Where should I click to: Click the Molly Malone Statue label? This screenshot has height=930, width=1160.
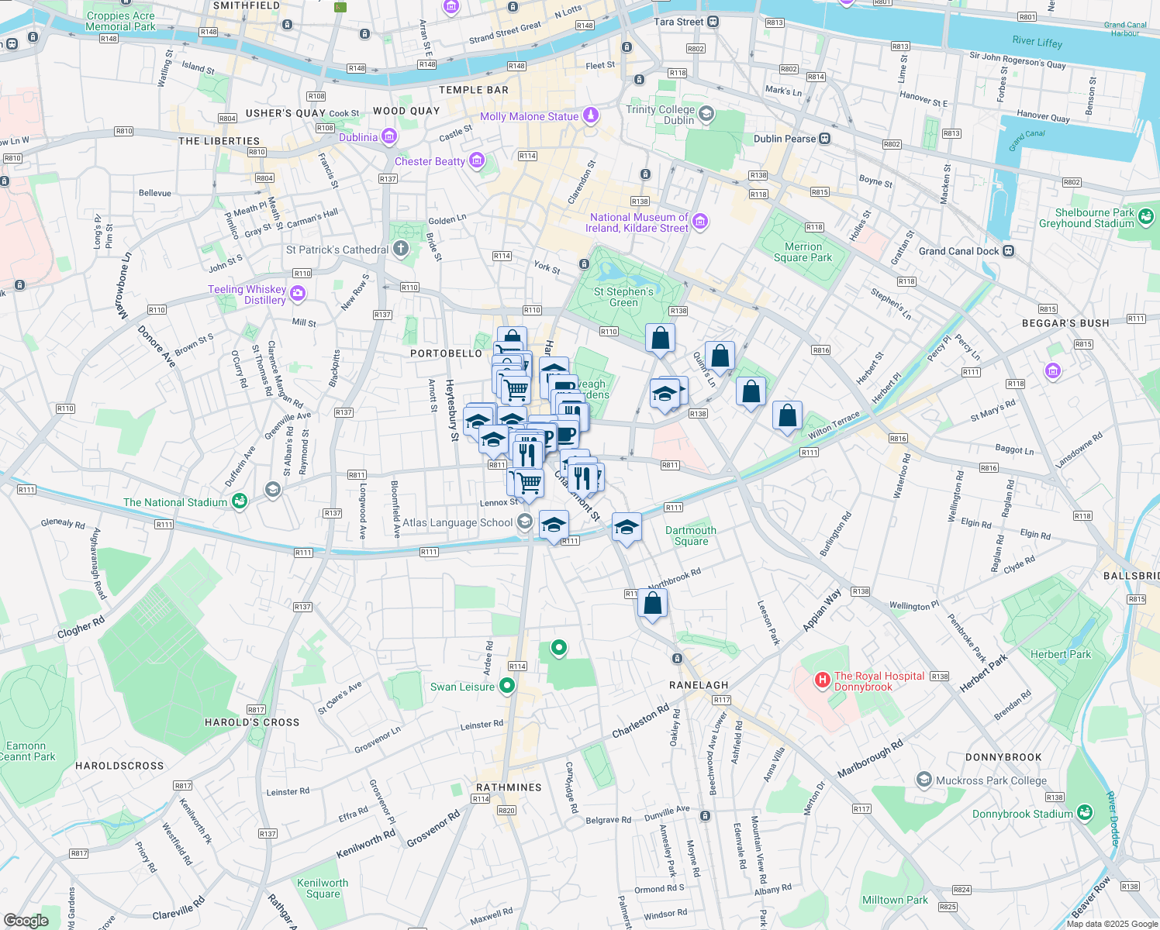529,116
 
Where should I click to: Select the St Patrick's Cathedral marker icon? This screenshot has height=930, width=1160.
401,249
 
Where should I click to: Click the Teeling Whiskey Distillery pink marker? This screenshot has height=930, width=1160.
298,294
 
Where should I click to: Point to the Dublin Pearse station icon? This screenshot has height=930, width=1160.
825,139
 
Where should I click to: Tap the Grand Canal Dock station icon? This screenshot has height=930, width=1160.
1008,251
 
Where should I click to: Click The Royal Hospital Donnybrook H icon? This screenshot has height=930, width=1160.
822,680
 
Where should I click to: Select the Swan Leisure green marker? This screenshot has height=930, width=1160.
507,686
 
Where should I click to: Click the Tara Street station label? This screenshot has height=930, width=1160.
678,22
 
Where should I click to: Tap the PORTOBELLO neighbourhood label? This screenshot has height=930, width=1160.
446,353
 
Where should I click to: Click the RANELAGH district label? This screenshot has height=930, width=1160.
699,685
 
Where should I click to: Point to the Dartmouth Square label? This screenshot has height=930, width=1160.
691,536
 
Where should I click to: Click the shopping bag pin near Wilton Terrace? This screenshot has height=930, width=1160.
787,416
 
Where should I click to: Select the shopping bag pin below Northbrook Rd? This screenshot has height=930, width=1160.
653,604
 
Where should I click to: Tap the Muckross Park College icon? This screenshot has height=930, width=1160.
924,780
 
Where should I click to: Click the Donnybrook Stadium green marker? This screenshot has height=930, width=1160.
1085,813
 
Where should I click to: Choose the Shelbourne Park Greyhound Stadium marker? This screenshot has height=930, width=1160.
1147,217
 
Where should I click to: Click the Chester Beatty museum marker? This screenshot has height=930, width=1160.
477,161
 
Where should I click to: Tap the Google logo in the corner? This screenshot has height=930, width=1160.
26,920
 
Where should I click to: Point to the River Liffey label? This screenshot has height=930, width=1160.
1037,42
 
